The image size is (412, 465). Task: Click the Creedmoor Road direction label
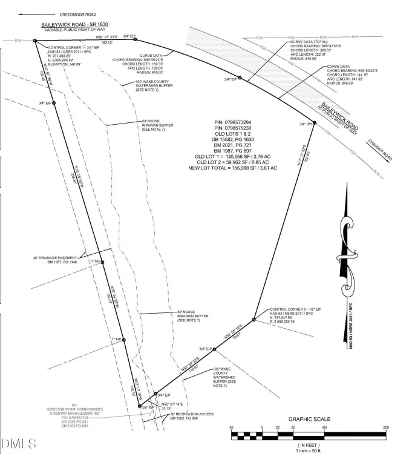(78, 13)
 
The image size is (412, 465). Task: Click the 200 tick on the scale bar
(386, 427)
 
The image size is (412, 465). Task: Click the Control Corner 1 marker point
(36, 41)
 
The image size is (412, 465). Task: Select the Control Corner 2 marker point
(253, 320)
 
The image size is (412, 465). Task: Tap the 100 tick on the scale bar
(324, 427)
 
